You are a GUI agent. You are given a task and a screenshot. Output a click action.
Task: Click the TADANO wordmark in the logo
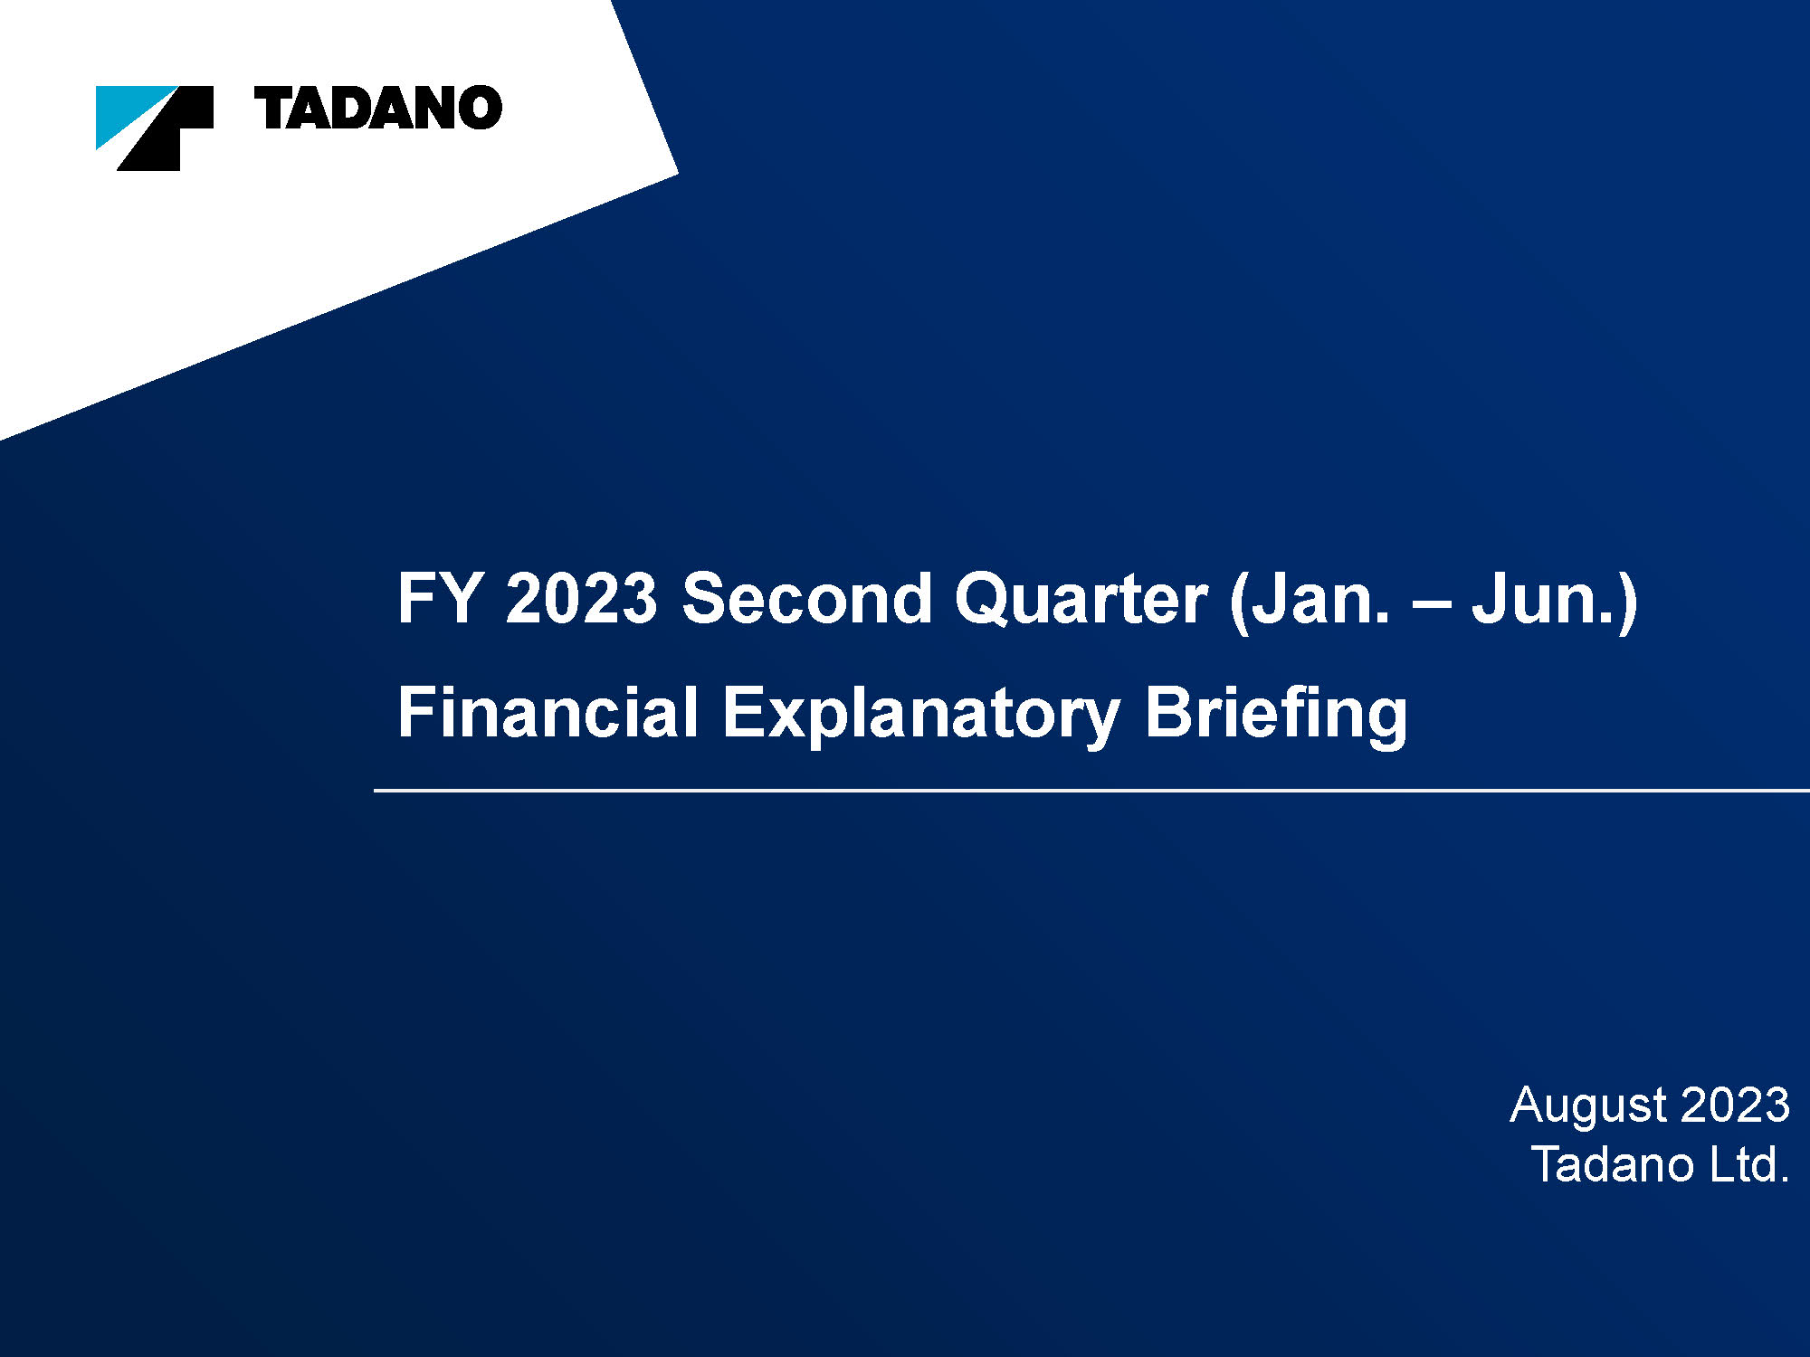378,109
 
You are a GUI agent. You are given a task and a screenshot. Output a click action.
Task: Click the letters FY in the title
439,598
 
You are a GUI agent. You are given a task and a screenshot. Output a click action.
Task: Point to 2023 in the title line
581,598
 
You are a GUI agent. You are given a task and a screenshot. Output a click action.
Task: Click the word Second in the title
806,598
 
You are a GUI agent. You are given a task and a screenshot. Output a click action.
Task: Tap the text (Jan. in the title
1309,601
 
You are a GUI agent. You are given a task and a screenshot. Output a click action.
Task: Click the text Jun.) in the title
1555,601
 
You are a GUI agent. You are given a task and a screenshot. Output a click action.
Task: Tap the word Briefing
1276,716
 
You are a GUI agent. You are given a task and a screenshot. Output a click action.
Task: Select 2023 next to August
1736,1105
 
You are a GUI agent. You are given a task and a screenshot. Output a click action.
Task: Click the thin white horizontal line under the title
1091,791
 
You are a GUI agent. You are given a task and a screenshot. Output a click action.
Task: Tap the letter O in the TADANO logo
479,109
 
